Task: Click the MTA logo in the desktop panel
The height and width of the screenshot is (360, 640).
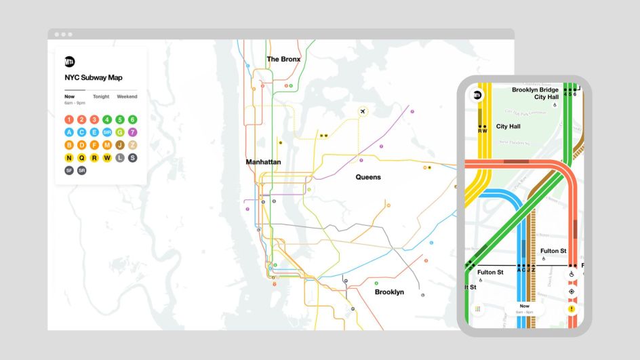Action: (x=70, y=61)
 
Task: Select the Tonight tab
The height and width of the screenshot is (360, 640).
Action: (x=101, y=96)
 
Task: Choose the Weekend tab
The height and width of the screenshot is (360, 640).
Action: (x=127, y=96)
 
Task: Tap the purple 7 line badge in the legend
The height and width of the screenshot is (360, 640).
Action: (x=132, y=132)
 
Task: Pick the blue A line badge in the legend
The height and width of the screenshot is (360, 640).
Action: (x=69, y=132)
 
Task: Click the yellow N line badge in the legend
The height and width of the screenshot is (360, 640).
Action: (x=69, y=158)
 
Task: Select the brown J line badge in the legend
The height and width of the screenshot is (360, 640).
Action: (x=120, y=145)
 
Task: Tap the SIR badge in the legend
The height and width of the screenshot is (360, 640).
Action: (x=107, y=132)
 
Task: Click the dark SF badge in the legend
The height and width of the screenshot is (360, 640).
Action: (x=69, y=171)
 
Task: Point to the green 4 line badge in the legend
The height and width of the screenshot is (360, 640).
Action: (x=107, y=120)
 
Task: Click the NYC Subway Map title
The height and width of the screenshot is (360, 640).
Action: (x=94, y=77)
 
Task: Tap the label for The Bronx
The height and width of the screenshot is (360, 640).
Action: (x=283, y=59)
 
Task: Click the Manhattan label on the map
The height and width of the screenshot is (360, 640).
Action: (x=263, y=162)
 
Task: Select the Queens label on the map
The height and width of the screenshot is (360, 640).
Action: (x=368, y=177)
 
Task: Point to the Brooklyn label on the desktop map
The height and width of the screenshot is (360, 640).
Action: (x=389, y=292)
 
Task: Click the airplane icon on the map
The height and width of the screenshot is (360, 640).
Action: (x=363, y=111)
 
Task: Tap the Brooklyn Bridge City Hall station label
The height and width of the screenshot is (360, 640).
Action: (x=535, y=93)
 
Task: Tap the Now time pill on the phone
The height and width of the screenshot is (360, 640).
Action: (x=524, y=308)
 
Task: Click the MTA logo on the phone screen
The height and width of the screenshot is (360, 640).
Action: (x=477, y=96)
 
